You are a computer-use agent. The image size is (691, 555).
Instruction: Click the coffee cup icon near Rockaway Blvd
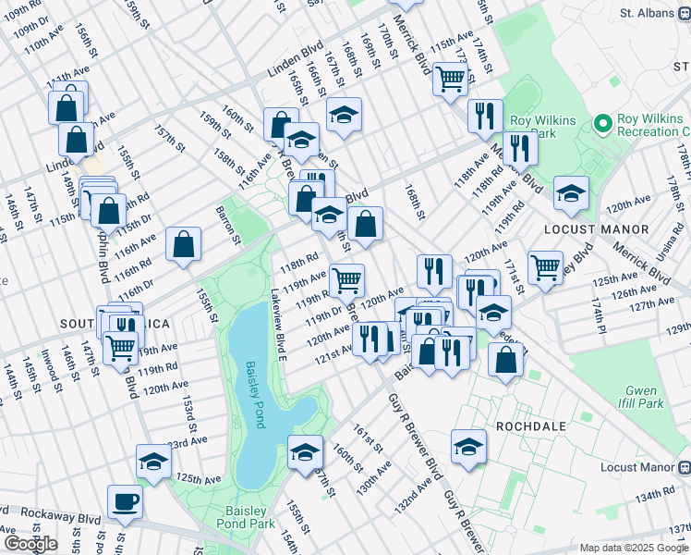(125, 502)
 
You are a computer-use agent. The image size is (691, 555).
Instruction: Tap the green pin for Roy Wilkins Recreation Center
(603, 123)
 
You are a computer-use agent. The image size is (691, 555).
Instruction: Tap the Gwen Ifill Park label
(644, 397)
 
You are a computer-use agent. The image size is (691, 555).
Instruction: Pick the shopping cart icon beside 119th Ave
(347, 280)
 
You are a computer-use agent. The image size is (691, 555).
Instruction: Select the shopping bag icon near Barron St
(185, 245)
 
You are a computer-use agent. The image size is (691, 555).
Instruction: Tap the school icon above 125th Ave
(153, 462)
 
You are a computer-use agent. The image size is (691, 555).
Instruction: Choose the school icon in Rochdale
(469, 447)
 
